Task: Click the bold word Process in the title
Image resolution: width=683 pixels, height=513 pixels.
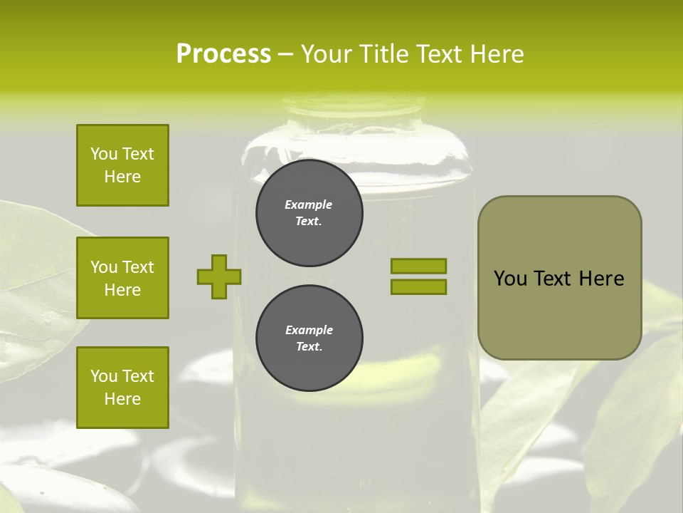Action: pyautogui.click(x=223, y=53)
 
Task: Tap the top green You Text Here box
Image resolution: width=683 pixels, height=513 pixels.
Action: pyautogui.click(x=122, y=165)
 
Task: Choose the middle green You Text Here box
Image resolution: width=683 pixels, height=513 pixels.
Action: pyautogui.click(x=122, y=278)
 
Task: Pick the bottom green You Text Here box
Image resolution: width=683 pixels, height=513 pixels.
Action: pyautogui.click(x=122, y=387)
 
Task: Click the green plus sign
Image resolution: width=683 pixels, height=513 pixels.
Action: pyautogui.click(x=218, y=276)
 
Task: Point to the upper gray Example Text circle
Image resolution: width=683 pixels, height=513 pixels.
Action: pyautogui.click(x=309, y=213)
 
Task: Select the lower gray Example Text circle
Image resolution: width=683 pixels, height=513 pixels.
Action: pyautogui.click(x=309, y=338)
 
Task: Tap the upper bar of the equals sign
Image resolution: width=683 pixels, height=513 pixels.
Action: pyautogui.click(x=418, y=266)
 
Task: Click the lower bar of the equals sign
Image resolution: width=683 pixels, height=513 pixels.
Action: pyautogui.click(x=418, y=286)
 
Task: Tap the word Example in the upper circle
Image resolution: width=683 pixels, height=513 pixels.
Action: pyautogui.click(x=309, y=204)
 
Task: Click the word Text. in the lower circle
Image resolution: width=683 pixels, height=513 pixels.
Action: pyautogui.click(x=309, y=347)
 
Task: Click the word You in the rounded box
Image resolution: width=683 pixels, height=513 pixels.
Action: pyautogui.click(x=510, y=279)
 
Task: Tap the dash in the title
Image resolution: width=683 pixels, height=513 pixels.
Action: pyautogui.click(x=285, y=54)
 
